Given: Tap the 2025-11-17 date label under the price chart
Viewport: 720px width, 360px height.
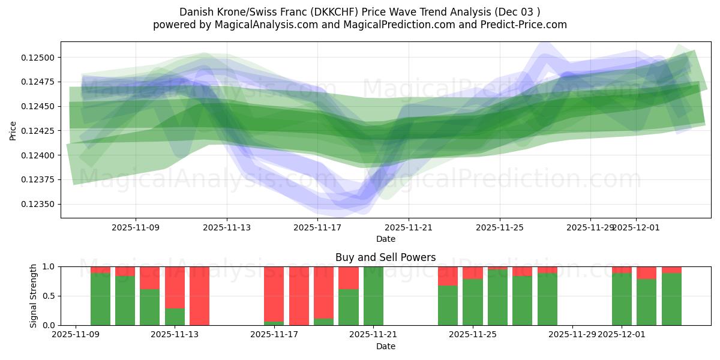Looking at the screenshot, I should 317,227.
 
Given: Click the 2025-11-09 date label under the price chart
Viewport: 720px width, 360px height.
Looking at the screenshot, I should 136,227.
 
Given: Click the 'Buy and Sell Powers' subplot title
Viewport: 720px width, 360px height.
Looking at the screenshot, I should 386,258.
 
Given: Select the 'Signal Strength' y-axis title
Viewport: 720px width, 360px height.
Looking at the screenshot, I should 34,296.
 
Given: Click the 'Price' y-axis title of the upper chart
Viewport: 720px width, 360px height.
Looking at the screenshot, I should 13,131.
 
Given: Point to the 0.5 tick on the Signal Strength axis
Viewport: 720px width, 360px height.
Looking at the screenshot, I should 49,296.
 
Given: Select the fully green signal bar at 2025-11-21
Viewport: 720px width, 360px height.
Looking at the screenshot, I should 373,296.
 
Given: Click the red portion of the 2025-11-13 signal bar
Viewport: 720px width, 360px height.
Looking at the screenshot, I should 175,287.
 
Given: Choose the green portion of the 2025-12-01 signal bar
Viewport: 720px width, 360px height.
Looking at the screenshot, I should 622,299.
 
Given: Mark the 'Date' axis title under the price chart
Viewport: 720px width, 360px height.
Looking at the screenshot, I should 386,239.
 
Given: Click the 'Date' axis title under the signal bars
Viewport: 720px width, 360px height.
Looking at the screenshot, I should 386,346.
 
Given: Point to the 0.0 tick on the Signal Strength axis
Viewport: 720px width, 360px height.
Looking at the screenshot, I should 49,325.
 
